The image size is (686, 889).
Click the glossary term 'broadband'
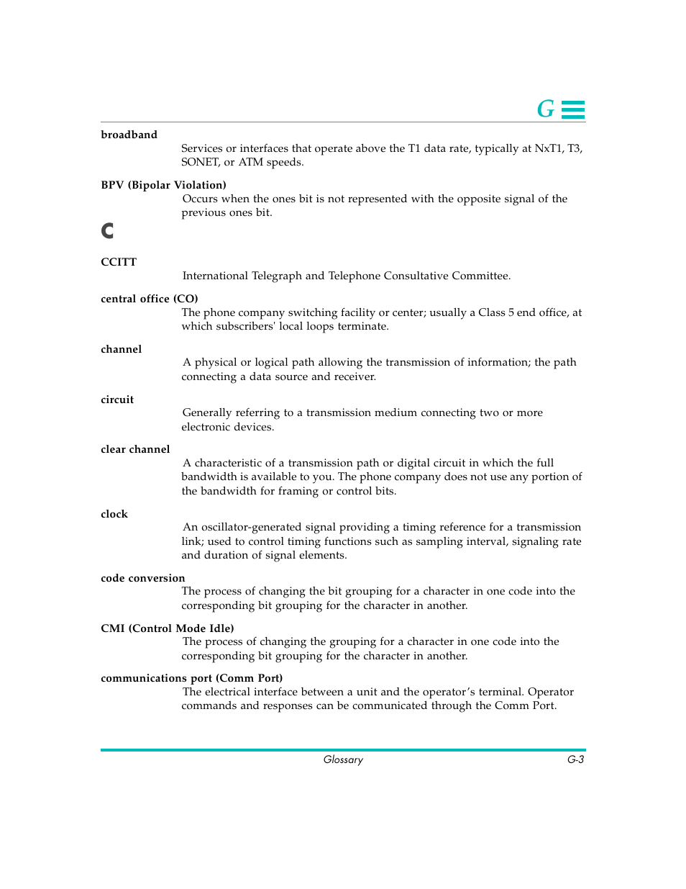click(x=129, y=135)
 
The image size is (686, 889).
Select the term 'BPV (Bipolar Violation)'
click(x=163, y=185)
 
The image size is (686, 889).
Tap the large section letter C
click(x=107, y=230)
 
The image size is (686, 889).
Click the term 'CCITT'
click(x=119, y=262)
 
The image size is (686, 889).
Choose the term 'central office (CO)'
click(x=149, y=299)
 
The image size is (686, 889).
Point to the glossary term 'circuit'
click(x=117, y=400)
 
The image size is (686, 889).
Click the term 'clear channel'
click(x=135, y=449)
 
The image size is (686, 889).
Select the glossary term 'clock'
click(x=114, y=514)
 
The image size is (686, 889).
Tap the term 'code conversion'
click(x=142, y=578)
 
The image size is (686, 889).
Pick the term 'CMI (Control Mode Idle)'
click(x=167, y=628)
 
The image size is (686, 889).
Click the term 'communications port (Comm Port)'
click(x=191, y=678)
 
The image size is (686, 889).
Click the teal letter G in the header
click(x=546, y=109)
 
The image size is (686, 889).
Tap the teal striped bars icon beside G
click(x=573, y=109)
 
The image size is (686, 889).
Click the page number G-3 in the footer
click(x=575, y=759)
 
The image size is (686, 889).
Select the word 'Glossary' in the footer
click(x=343, y=759)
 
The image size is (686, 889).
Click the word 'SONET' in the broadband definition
click(x=199, y=163)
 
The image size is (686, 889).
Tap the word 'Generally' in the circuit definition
click(x=207, y=412)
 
